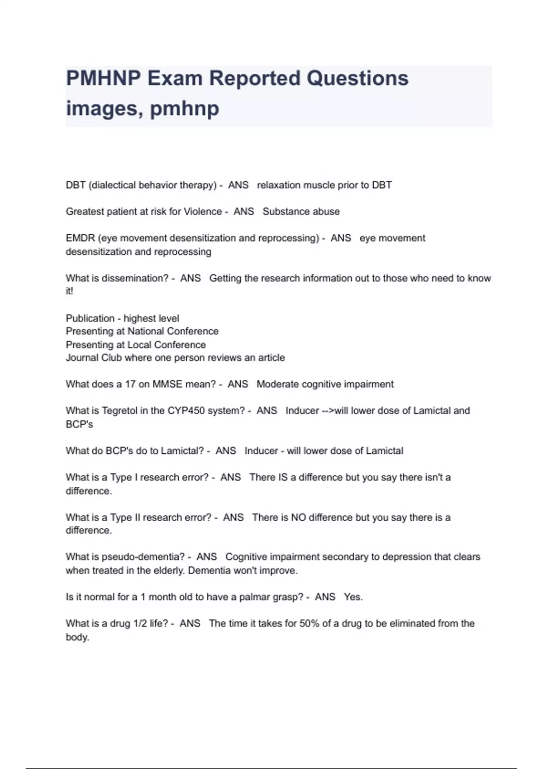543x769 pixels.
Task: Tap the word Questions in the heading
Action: pos(357,78)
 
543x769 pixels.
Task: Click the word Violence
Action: pos(202,211)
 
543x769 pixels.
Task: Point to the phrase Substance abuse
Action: pos(301,211)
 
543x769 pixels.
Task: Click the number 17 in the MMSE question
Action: pos(130,384)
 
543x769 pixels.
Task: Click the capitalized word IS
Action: pos(282,477)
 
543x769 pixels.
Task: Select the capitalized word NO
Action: pos(298,517)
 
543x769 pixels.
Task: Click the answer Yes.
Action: pos(353,597)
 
